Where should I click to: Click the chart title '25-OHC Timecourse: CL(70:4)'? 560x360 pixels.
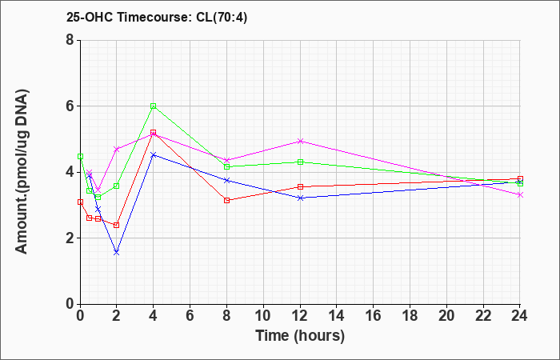click(157, 17)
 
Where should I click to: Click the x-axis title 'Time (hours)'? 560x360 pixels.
click(300, 336)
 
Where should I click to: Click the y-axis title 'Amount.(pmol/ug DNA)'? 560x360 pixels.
click(22, 171)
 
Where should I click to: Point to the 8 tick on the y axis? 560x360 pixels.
click(70, 40)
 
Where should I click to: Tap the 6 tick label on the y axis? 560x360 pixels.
click(70, 106)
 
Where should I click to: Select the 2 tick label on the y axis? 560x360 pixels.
click(70, 238)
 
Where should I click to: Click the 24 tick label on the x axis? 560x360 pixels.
click(520, 316)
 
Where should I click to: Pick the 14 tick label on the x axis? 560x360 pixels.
click(337, 316)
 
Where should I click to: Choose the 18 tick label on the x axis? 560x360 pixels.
click(410, 316)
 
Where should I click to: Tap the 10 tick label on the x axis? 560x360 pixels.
click(263, 316)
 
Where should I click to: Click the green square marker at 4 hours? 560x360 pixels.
click(154, 106)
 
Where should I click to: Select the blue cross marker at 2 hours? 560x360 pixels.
click(117, 252)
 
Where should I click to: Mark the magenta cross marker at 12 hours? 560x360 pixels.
click(300, 141)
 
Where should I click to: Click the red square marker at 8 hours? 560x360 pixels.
click(226, 200)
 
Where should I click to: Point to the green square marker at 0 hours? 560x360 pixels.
click(80, 157)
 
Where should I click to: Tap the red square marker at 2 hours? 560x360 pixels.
click(117, 225)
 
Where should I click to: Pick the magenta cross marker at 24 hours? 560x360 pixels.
click(520, 194)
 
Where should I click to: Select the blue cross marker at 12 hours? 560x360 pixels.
click(300, 198)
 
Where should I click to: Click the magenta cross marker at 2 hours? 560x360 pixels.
click(117, 149)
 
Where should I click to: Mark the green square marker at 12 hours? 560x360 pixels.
click(300, 162)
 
